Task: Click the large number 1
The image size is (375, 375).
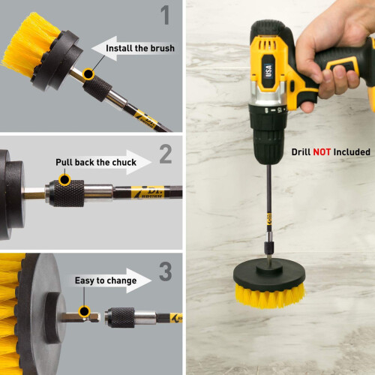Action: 166,15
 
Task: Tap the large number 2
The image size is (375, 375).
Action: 166,154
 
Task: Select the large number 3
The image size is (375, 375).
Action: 166,271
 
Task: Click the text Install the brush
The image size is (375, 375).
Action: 140,48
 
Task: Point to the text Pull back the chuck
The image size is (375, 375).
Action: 96,162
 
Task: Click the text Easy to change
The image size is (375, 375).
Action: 106,280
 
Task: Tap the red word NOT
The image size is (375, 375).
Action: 322,152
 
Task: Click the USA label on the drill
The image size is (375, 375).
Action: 268,70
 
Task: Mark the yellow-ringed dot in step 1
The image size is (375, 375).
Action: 88,74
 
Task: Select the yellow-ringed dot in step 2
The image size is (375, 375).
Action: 64,179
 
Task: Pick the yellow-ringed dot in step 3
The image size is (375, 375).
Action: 84,312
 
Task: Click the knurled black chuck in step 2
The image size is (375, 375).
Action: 67,193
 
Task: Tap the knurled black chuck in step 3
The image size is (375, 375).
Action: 120,317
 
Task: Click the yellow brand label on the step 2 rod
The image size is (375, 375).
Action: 148,192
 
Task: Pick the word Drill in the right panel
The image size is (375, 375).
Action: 301,152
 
